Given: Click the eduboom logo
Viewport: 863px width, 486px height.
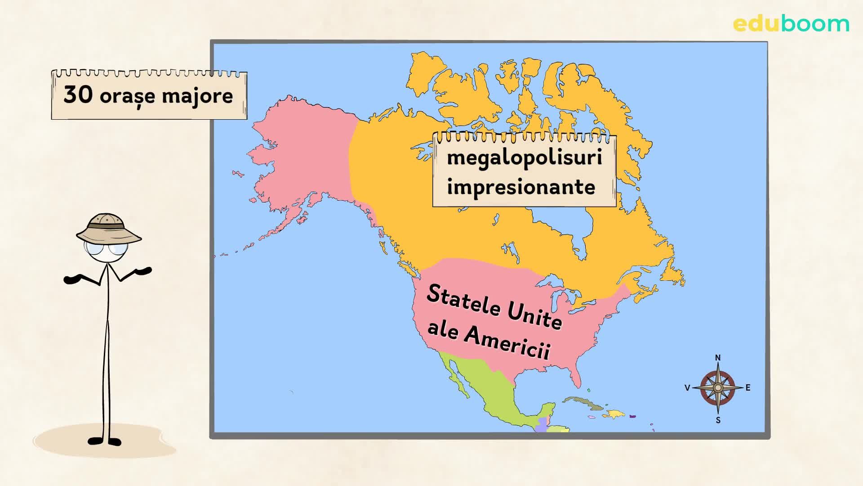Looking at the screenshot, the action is point(791,24).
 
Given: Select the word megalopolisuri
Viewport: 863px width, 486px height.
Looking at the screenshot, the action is point(524,158).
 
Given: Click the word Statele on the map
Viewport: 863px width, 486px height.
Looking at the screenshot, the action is point(463,301).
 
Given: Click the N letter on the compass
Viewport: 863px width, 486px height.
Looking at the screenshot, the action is point(718,358).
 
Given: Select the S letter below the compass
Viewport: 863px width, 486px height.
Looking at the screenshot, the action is point(718,420).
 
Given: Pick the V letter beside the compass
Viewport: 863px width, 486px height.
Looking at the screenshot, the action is point(687,388).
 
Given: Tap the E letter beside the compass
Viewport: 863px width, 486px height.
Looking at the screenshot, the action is point(748,388).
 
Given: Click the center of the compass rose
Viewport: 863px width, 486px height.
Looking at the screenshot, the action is point(718,388).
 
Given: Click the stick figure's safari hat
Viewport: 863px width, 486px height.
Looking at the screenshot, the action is point(108,228).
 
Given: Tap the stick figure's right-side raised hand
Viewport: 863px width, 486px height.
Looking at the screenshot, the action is point(144,271).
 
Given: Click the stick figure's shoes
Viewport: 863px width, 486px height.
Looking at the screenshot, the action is point(105,441).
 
